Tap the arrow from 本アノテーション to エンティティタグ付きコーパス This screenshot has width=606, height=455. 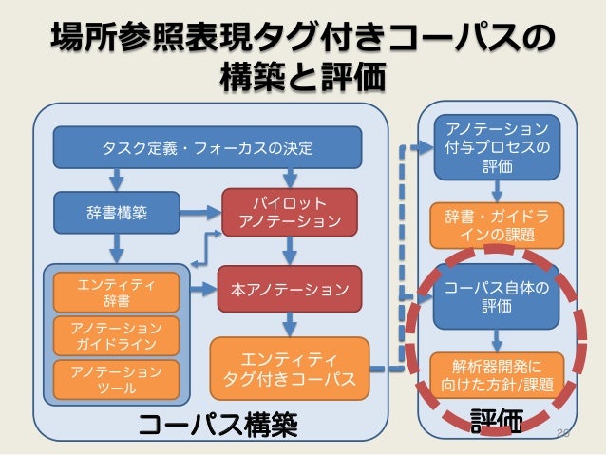pos(291,322)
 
